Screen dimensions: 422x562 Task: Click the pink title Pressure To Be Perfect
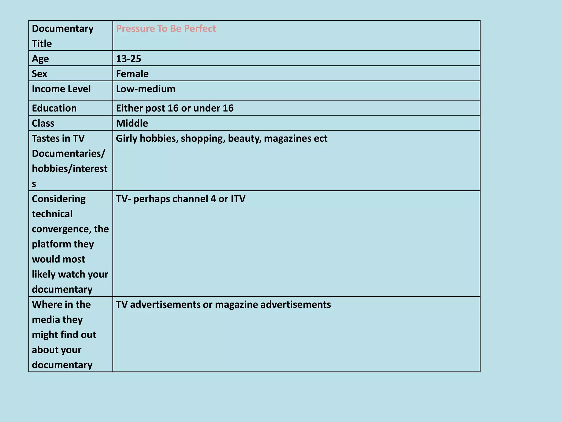coord(166,29)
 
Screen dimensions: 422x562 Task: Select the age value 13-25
coord(128,59)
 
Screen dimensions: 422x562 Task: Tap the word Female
coord(132,74)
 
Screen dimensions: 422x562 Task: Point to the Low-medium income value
coord(145,89)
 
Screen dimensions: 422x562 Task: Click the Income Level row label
coord(61,89)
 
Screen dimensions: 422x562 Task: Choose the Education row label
coord(54,108)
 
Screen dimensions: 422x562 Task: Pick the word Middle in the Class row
coord(132,123)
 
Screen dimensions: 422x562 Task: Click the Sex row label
coord(40,74)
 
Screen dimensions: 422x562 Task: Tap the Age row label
coord(40,59)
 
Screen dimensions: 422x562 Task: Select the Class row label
coord(43,123)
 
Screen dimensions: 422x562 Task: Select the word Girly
coord(127,138)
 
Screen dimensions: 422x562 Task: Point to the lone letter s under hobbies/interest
coord(34,184)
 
